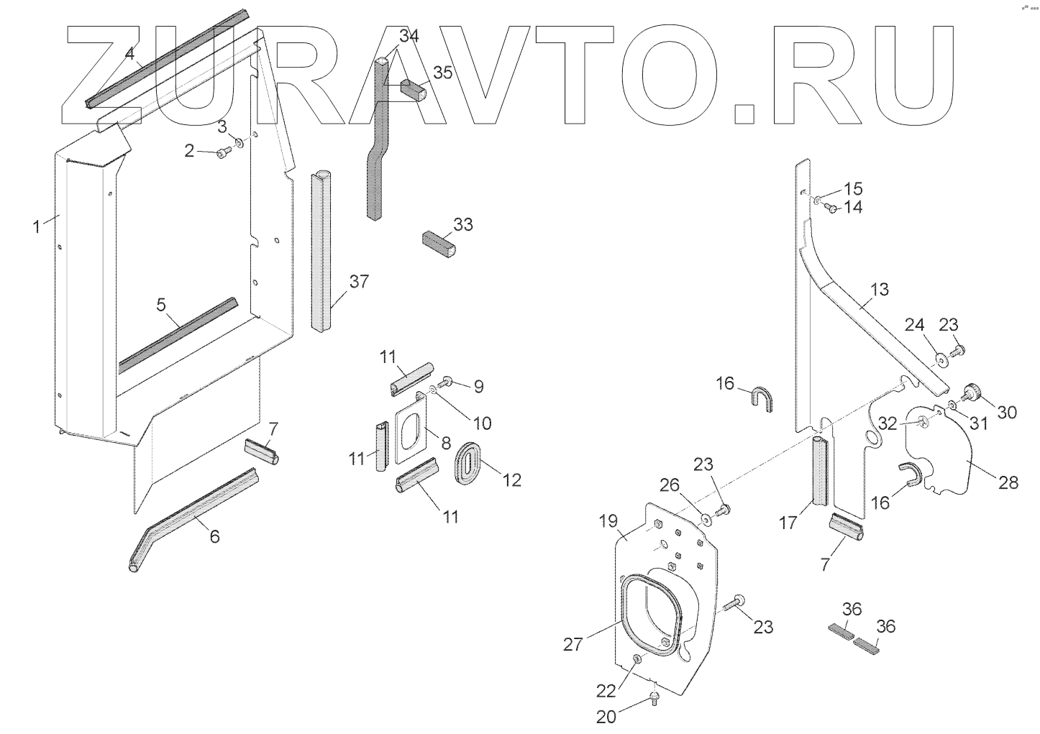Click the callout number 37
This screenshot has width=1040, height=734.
[x=359, y=282]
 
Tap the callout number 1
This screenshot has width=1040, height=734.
[x=36, y=227]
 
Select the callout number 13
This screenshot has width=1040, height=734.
[x=880, y=290]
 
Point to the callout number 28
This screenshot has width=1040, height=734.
[x=1009, y=482]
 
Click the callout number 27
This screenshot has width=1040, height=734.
[x=573, y=645]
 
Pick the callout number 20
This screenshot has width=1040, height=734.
[x=606, y=716]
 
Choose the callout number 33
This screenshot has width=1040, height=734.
[x=463, y=225]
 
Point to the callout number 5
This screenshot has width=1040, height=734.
[x=162, y=305]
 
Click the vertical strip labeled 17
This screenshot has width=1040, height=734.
[x=821, y=472]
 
